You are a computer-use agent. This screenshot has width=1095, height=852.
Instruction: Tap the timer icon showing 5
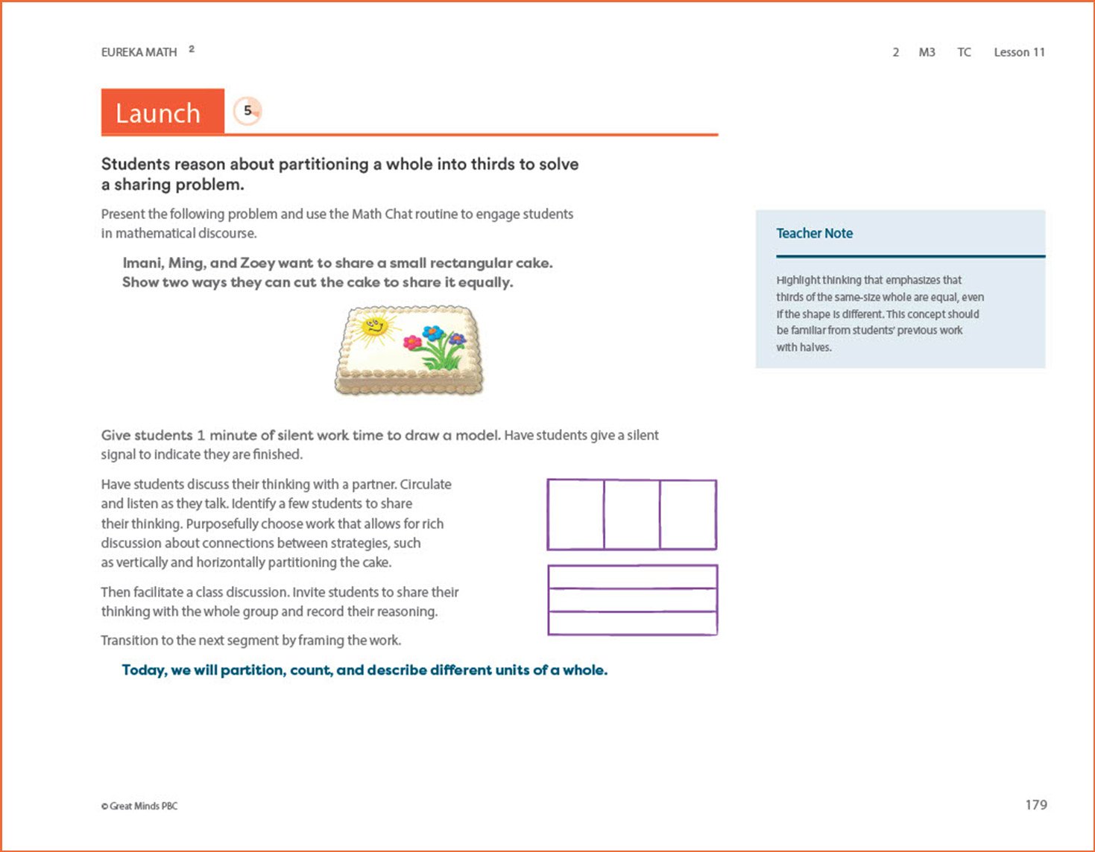click(x=247, y=111)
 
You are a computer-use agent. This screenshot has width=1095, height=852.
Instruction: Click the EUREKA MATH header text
click(x=139, y=52)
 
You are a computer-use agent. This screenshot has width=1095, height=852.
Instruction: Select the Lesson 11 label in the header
click(x=1019, y=52)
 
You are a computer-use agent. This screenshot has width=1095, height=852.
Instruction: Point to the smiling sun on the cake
click(x=373, y=327)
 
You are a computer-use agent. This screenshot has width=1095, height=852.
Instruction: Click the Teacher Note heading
click(x=814, y=233)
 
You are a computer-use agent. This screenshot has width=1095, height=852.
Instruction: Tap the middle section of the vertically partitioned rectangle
click(x=631, y=515)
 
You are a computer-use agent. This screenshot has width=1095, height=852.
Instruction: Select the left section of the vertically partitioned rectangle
click(x=575, y=515)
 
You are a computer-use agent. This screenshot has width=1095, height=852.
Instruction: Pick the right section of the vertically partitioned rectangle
click(x=688, y=515)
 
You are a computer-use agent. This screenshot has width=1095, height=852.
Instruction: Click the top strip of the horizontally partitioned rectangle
click(x=632, y=577)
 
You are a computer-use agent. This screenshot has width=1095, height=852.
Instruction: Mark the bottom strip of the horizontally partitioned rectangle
click(x=632, y=623)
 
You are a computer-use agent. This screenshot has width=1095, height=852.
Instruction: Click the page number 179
click(x=1036, y=804)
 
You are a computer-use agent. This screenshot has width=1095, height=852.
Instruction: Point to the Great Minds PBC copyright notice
click(x=139, y=806)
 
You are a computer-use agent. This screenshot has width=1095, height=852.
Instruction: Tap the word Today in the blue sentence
click(x=144, y=670)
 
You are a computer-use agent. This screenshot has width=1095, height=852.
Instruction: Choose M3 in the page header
click(x=927, y=52)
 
